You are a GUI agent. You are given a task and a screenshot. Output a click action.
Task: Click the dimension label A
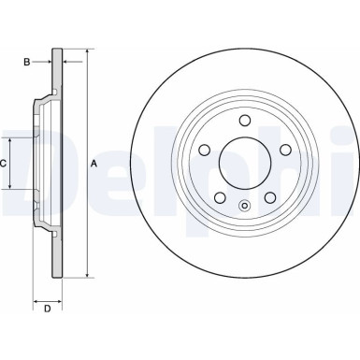click(94, 164)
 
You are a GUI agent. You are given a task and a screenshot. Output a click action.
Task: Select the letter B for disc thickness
click(27, 63)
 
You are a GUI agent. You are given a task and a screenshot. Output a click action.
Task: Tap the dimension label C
click(4, 164)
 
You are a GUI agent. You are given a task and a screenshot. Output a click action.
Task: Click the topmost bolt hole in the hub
click(245, 120)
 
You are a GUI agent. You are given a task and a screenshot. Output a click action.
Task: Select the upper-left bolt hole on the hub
click(205, 150)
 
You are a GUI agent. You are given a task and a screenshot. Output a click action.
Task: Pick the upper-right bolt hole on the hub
click(285, 150)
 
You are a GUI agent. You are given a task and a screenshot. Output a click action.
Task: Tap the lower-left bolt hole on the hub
click(220, 197)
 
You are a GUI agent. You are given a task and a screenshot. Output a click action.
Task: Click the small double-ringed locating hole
click(245, 207)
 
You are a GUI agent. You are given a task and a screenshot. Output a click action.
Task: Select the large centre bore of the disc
click(245, 163)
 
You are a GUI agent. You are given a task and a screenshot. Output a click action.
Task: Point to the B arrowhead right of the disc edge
click(67, 63)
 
